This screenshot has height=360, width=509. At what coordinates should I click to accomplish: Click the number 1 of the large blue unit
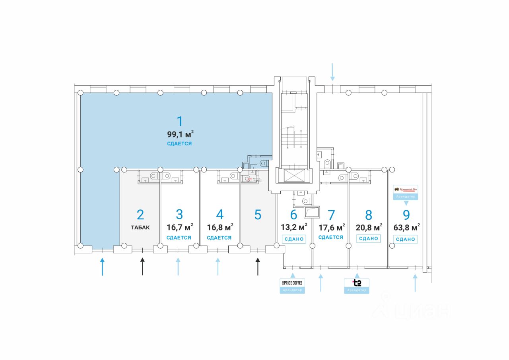[x=180, y=121]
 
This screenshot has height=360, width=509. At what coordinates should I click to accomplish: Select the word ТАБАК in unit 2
[x=140, y=228]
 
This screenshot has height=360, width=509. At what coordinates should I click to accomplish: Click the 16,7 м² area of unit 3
[x=180, y=227]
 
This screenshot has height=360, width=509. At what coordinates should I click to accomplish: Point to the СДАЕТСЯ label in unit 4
[x=219, y=238]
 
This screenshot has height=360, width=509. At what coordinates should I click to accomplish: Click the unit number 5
[x=258, y=215]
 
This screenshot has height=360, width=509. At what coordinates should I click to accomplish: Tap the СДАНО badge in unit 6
[x=294, y=239]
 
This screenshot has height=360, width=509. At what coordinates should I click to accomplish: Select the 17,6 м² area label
[x=331, y=227]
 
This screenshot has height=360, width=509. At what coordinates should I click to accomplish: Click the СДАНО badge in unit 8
[x=368, y=239]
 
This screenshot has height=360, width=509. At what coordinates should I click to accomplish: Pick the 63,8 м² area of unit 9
[x=406, y=227]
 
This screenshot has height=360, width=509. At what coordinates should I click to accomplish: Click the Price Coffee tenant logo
[x=292, y=283]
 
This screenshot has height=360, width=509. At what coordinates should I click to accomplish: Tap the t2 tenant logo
[x=357, y=283]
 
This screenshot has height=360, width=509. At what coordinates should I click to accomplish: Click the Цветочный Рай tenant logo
[x=406, y=189]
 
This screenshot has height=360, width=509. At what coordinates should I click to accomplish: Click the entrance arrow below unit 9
[x=415, y=283]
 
